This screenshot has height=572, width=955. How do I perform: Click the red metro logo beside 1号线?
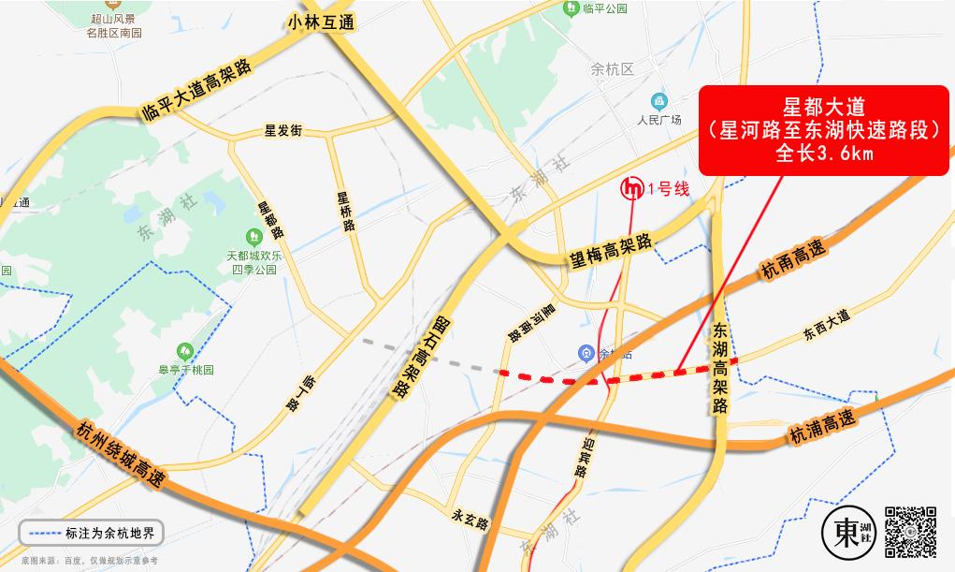633,188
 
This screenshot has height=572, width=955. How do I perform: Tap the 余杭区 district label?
613,69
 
